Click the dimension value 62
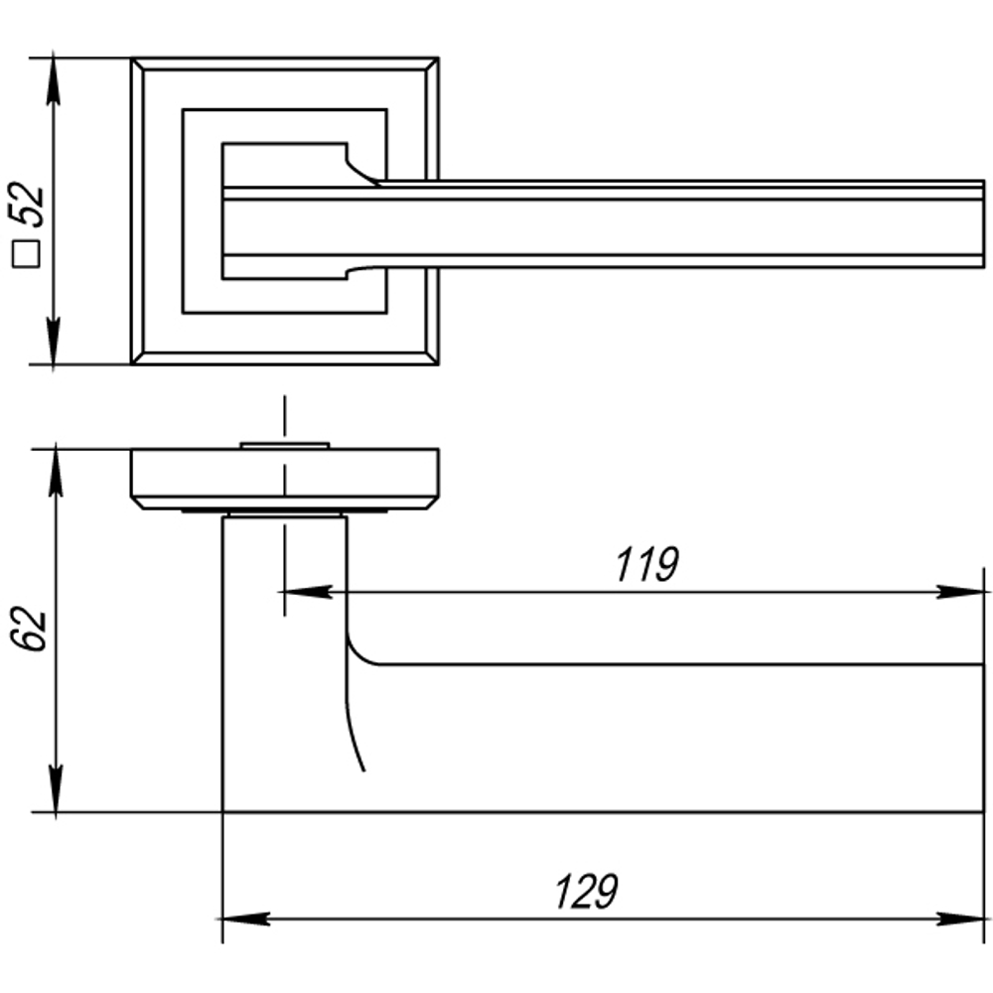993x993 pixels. (x=31, y=629)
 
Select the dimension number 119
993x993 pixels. (x=645, y=565)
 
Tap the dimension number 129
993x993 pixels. (x=586, y=892)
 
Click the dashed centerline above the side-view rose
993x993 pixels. (x=284, y=417)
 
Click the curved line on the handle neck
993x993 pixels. (x=355, y=725)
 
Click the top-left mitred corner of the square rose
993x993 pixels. (x=138, y=66)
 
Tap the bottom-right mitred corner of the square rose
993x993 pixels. (x=432, y=357)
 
